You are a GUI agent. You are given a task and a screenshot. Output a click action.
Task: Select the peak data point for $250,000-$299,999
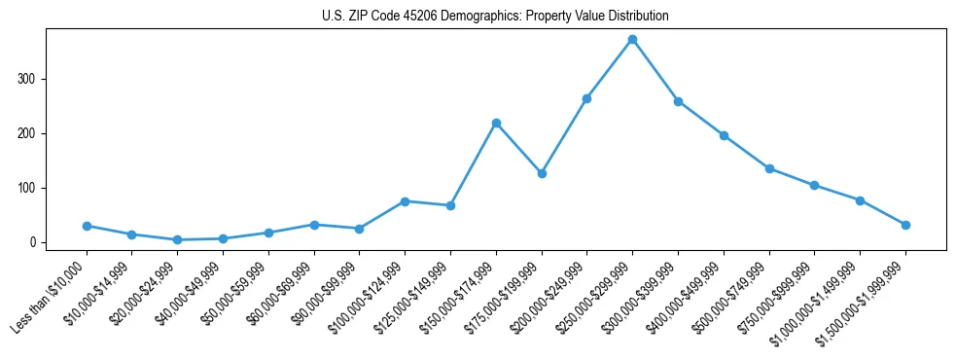click(x=632, y=39)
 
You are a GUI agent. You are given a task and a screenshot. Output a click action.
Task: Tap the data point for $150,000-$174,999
click(x=496, y=123)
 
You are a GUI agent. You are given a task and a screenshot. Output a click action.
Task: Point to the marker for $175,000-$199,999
click(x=542, y=173)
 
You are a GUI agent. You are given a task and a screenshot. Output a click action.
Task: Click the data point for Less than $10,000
click(x=87, y=226)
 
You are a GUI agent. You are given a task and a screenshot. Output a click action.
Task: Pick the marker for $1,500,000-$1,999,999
click(x=905, y=225)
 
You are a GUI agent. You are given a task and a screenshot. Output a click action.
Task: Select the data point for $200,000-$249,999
click(x=586, y=98)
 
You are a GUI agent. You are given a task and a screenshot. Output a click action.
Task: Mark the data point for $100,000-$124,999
click(x=405, y=201)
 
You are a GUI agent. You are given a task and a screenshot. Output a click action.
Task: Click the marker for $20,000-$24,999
click(x=177, y=239)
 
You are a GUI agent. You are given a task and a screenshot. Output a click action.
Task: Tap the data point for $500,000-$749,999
click(x=769, y=168)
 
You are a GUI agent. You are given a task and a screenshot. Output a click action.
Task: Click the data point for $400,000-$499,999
click(x=724, y=135)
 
